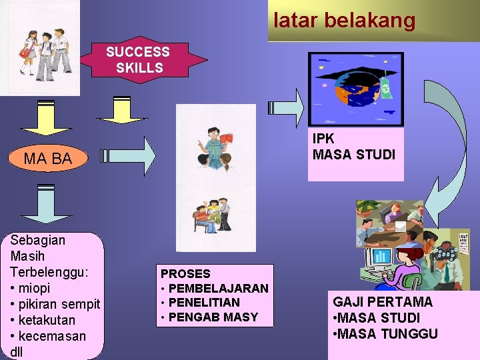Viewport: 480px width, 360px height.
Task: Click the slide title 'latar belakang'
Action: tap(344, 21)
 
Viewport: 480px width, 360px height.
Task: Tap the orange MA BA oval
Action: tap(47, 159)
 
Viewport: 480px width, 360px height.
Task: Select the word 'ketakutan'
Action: tap(50, 320)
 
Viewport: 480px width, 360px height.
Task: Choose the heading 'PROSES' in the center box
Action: tap(185, 273)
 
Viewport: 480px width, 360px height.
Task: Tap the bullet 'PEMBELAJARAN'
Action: tap(218, 288)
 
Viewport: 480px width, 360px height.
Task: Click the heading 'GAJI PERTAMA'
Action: tap(382, 302)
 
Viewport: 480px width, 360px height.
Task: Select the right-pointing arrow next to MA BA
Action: tap(131, 157)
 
